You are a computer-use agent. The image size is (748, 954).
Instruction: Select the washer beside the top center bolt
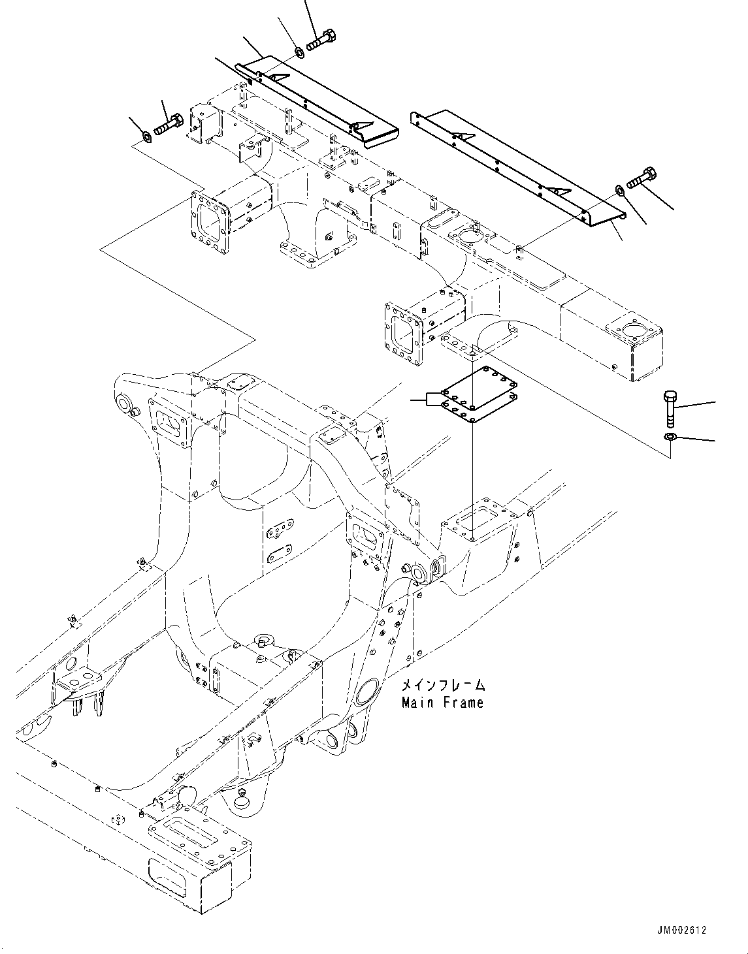click(298, 51)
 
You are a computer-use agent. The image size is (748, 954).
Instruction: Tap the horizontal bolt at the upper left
click(169, 124)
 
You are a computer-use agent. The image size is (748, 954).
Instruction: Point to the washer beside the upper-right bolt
click(618, 190)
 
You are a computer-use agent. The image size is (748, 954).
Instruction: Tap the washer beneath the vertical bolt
click(669, 436)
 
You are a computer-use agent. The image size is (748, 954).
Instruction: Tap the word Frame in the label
click(461, 703)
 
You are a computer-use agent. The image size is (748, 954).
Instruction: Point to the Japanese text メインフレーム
click(442, 686)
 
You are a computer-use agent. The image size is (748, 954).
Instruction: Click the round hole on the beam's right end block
click(632, 330)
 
